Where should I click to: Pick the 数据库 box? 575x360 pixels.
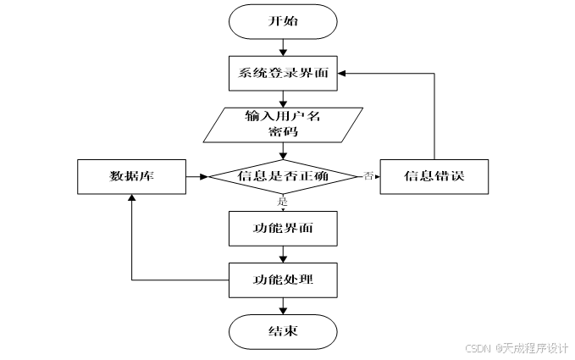(x=130, y=176)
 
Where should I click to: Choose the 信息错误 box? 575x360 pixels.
(x=434, y=176)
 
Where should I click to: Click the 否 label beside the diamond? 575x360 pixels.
(x=368, y=175)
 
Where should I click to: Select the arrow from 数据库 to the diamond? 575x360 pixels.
(x=196, y=176)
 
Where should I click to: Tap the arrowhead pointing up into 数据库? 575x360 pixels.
(x=130, y=198)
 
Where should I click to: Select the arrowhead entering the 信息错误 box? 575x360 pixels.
(x=375, y=176)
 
